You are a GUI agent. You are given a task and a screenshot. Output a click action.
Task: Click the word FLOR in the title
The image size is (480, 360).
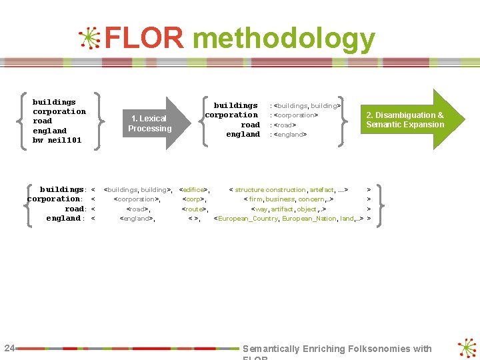pyautogui.click(x=143, y=39)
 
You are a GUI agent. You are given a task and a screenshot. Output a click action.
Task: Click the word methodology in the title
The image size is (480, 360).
pyautogui.click(x=283, y=40)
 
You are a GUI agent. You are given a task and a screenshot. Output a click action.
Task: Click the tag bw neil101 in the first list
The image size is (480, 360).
pyautogui.click(x=57, y=141)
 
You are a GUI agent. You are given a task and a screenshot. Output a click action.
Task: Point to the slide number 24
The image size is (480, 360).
pyautogui.click(x=9, y=347)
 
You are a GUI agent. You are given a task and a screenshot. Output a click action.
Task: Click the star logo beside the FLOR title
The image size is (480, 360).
pyautogui.click(x=89, y=39)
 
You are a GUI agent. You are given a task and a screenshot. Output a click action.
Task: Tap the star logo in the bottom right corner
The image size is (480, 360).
pyautogui.click(x=467, y=349)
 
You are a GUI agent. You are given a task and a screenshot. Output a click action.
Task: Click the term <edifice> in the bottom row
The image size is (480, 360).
pyautogui.click(x=195, y=190)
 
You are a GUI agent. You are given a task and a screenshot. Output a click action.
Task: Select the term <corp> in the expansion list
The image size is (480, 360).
pyautogui.click(x=194, y=199)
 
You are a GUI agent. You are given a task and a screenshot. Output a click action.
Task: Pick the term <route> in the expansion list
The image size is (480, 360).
pyautogui.click(x=195, y=209)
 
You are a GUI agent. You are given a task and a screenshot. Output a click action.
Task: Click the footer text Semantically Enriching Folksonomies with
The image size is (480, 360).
pyautogui.click(x=337, y=349)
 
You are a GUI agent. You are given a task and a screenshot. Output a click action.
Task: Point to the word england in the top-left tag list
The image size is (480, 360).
pyautogui.click(x=50, y=131)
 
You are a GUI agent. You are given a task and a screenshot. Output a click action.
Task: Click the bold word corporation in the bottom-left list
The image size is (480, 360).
pyautogui.click(x=53, y=199)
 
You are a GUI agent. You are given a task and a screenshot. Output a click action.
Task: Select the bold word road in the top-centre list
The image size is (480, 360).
pyautogui.click(x=250, y=125)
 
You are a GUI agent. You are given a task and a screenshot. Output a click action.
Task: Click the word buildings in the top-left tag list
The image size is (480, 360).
pyautogui.click(x=54, y=102)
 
